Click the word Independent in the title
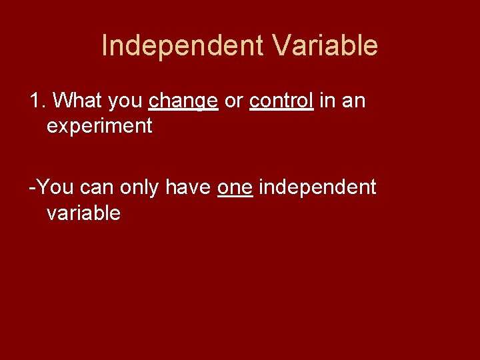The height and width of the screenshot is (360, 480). point(183,46)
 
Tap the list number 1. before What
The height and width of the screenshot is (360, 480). point(37,101)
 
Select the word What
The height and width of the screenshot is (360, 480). point(75,101)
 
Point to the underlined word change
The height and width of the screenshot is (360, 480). point(183,101)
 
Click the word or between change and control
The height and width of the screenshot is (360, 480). point(233,101)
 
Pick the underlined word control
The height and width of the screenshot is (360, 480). point(281,101)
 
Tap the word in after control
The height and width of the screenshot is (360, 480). point(327,101)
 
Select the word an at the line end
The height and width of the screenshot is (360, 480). point(353,101)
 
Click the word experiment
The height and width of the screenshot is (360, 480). point(99,126)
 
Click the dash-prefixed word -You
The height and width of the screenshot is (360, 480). point(51,187)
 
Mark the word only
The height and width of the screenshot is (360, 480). point(140,188)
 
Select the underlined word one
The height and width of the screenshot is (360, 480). point(235,188)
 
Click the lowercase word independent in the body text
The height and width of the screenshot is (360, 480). point(317,188)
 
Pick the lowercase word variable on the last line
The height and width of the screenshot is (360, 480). point(83,213)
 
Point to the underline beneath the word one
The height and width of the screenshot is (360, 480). point(235,197)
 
